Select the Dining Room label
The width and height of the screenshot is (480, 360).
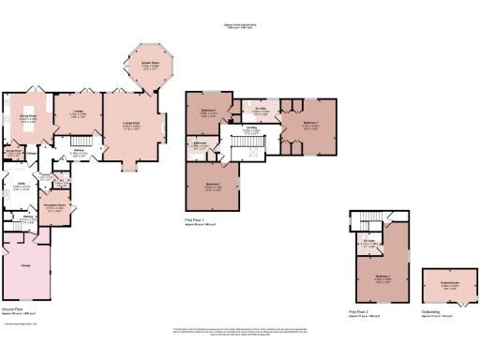coord(28,118)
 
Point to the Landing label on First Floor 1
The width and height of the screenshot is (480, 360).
coord(251,130)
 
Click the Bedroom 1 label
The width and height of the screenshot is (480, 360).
coord(382,277)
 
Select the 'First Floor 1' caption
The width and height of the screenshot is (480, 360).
coord(196,221)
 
